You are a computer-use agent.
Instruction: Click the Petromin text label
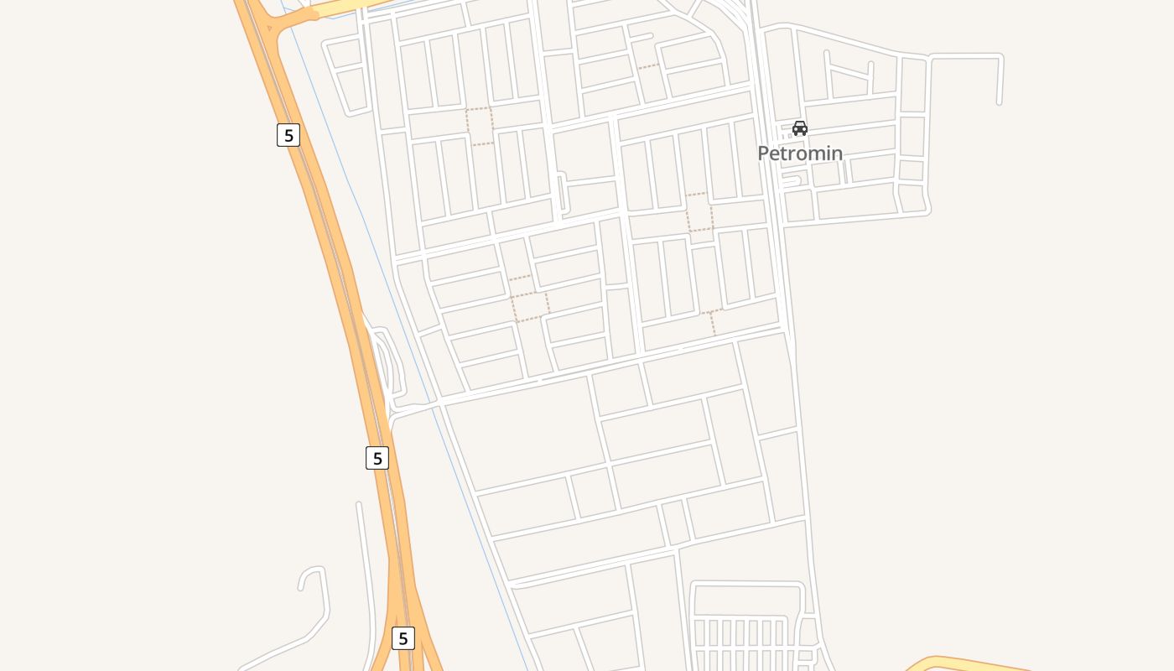click(800, 153)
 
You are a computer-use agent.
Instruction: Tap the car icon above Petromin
click(800, 128)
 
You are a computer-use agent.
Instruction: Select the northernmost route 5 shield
click(288, 134)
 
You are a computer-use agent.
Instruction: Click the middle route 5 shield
click(377, 458)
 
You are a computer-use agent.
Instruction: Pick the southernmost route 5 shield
click(403, 637)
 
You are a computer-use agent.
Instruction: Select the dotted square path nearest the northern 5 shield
click(480, 126)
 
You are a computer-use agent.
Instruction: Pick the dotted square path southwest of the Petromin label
click(699, 212)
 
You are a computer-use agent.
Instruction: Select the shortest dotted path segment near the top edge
click(647, 66)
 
